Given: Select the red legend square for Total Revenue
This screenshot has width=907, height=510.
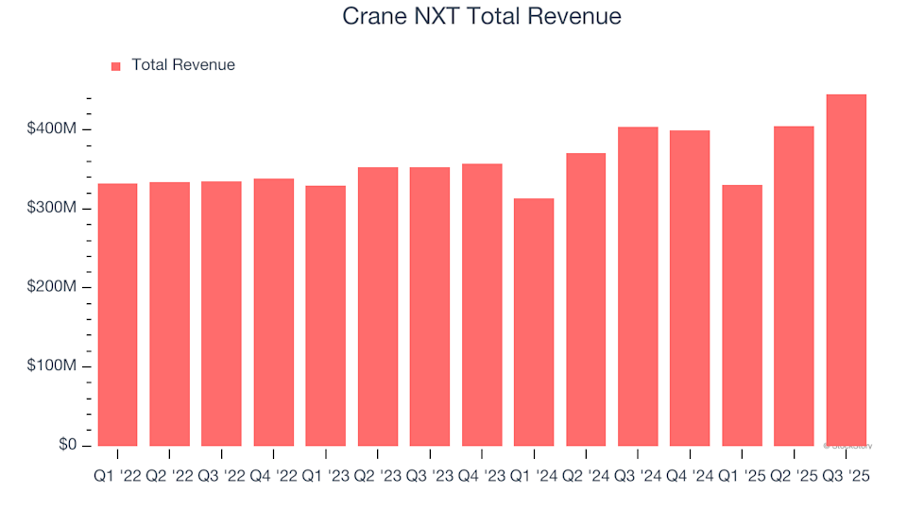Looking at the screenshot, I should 116,66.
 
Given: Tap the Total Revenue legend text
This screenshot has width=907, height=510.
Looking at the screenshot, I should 183,65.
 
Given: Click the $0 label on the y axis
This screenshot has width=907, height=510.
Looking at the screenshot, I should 65,445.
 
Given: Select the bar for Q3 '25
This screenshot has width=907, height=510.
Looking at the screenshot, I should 846,270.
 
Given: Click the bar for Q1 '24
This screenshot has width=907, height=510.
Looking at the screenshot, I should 534,322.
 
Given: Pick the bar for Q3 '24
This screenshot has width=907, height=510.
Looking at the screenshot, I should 638,286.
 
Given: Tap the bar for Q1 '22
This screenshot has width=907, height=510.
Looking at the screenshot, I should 117,314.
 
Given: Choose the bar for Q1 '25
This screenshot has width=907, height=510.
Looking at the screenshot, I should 742,315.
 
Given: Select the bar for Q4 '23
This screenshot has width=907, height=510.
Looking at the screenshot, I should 482,305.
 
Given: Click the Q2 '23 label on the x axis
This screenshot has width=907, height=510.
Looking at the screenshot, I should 378,477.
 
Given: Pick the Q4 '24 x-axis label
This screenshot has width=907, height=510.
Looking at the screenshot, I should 690,477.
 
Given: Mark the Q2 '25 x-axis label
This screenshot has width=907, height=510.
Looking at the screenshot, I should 794,477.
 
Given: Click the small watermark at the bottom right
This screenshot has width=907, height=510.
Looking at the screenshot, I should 847,445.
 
